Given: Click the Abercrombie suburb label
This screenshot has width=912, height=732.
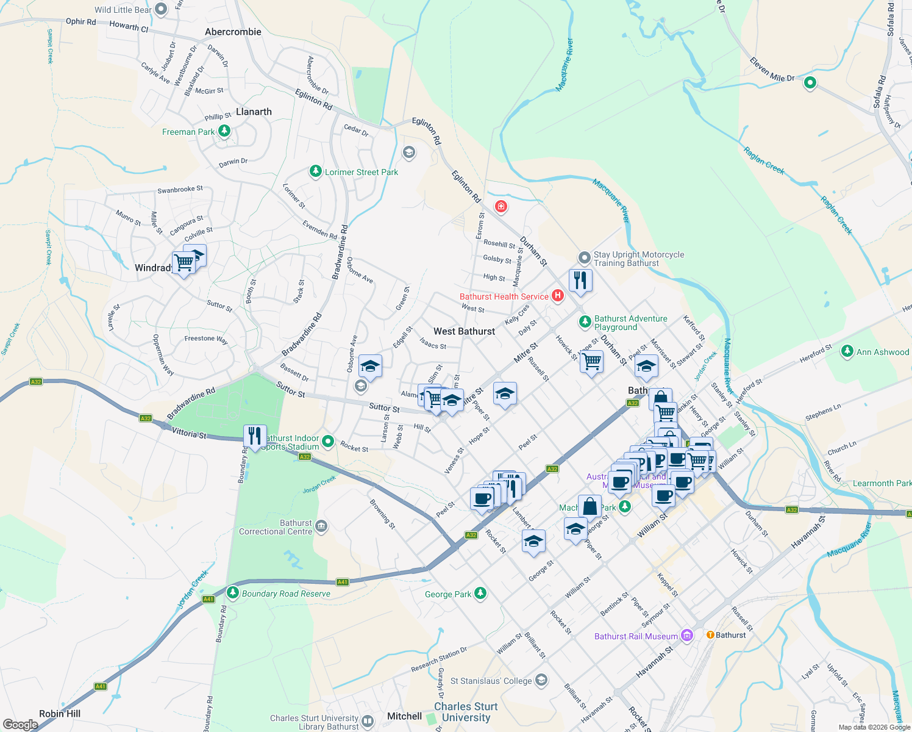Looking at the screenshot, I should [233, 32].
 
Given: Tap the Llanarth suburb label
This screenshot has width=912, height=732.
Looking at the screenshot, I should [254, 112].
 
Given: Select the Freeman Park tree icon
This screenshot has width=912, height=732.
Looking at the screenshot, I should [224, 131].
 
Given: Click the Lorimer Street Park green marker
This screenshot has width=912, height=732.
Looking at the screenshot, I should [315, 171].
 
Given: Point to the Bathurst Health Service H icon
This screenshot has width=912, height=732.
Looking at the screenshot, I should [557, 296].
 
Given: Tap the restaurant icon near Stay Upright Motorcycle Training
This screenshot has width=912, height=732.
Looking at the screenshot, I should [580, 281].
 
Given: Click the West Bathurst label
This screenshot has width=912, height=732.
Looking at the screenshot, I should [464, 331].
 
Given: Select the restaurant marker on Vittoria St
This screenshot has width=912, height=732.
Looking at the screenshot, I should [254, 436].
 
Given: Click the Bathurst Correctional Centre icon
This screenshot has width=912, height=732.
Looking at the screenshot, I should [321, 526].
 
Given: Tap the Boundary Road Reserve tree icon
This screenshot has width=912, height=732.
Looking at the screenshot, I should [232, 592].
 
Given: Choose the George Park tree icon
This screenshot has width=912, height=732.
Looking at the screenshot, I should [480, 593].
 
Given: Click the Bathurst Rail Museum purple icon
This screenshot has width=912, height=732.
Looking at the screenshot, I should [687, 636].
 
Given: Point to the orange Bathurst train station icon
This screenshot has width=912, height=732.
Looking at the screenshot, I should [710, 634].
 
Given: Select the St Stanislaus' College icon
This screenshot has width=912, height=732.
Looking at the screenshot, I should [541, 680].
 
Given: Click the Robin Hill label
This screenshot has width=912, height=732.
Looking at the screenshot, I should [60, 714].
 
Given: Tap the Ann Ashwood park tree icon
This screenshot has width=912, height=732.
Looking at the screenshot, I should [847, 351].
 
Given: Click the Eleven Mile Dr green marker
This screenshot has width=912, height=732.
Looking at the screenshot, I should [810, 82].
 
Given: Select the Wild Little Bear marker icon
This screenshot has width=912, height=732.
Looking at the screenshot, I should [161, 9].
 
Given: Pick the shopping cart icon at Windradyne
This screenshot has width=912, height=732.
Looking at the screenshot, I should [183, 263].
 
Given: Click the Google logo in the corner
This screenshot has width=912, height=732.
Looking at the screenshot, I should [20, 724].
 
